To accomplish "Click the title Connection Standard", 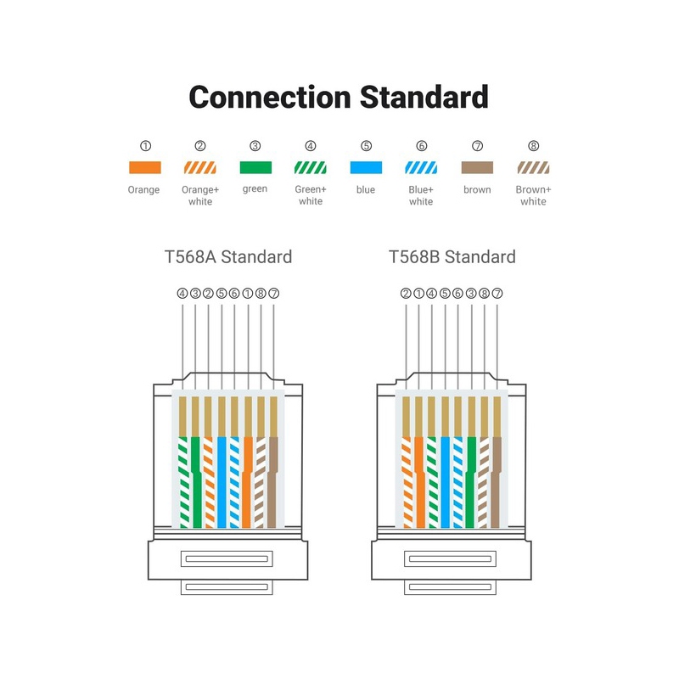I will pos(339,96).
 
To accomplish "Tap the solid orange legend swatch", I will pos(143,168).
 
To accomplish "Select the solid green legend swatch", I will pos(255,168).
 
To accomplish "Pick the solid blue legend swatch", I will pos(365,168).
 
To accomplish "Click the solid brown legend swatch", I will pos(477,168).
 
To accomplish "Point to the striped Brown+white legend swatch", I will pos(533,168).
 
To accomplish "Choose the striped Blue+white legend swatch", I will pos(421,168).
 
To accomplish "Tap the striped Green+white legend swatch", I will pos(311,168).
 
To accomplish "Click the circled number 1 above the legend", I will pos(143,146).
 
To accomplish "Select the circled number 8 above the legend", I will pos(533,146).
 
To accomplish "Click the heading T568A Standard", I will pos(228,256).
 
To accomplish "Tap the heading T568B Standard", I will pos(452,256).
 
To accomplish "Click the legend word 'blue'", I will pos(365,189).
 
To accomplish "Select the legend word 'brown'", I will pos(477,189).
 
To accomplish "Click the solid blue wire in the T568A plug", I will pos(222,484).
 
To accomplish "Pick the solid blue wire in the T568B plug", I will pos(446,484).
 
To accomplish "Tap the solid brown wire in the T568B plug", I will pos(497,484).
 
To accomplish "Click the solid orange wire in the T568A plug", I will pos(247,484).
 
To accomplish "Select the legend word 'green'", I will pos(255,189).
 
